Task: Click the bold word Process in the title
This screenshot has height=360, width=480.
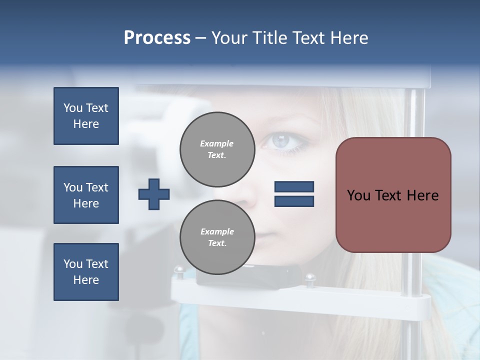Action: click(157, 38)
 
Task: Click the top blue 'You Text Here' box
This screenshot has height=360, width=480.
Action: click(86, 116)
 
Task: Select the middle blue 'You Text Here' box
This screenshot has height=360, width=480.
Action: click(86, 195)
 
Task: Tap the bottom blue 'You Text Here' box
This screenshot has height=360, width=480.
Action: click(86, 272)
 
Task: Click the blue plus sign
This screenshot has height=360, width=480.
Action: click(154, 194)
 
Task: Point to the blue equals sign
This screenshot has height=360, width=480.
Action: click(294, 194)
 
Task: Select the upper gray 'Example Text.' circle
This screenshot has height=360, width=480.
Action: click(217, 149)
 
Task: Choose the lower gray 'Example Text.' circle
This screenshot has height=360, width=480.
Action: click(217, 237)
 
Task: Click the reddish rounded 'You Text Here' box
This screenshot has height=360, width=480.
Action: click(393, 195)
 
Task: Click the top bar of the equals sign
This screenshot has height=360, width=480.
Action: click(294, 186)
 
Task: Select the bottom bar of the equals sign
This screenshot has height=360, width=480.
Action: click(294, 201)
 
